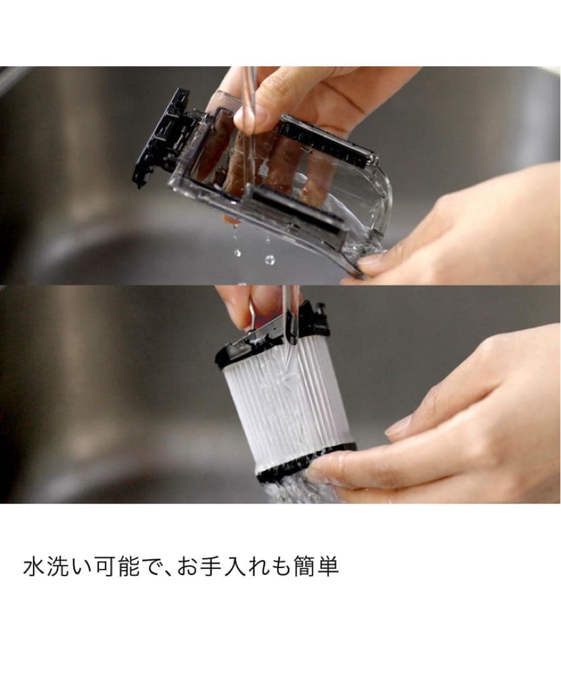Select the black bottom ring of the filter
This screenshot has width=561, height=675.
[x=301, y=465]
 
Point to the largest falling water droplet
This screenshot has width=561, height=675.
[x=270, y=259]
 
